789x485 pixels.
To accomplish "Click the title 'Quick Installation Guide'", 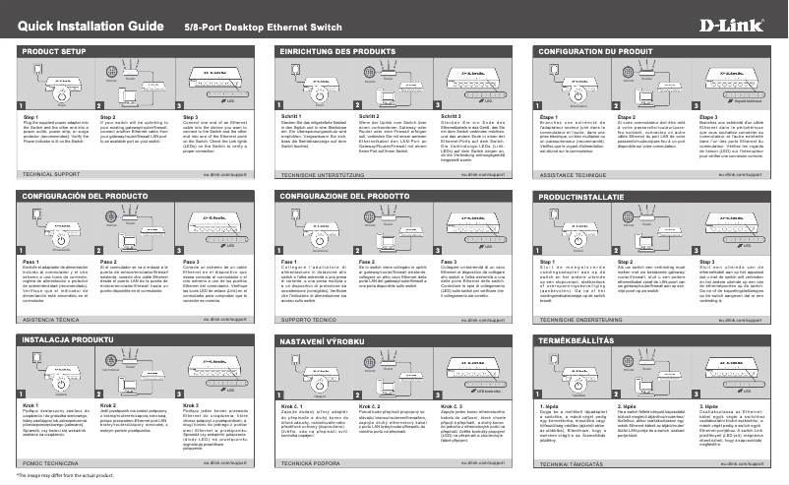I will click(86, 21).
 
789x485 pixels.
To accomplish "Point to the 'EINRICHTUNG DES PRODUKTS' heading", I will click(332, 48).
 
